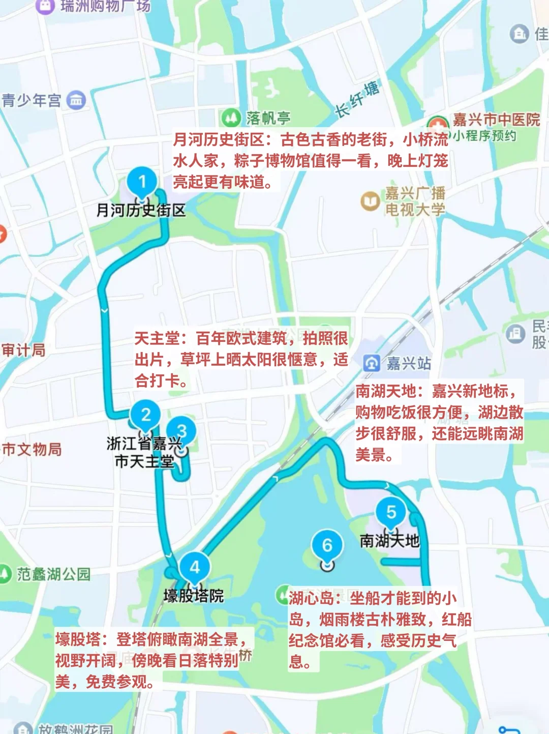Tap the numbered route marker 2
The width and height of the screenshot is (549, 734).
point(145,415)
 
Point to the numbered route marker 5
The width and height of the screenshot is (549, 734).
point(391,512)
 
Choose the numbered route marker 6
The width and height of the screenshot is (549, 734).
point(327,546)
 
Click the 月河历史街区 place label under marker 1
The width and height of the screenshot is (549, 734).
point(141,210)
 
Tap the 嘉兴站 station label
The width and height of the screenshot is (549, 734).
point(409,363)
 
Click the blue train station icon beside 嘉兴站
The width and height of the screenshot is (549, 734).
point(372,363)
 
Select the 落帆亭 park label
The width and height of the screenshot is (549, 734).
point(268,118)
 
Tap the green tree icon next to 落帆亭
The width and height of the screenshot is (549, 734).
point(231,118)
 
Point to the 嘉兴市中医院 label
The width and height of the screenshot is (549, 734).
point(496,120)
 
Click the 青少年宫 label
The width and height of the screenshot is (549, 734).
point(32,100)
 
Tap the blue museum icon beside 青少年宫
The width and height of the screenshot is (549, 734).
point(76,100)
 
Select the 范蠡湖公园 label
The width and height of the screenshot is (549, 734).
point(53,574)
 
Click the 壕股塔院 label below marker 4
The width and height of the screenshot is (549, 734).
point(194,596)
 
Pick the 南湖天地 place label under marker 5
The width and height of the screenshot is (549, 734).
point(389,540)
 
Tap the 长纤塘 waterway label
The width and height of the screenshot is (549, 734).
point(357,99)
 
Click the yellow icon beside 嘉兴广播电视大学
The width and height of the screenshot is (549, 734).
point(370,201)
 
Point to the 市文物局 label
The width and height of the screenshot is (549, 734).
point(32,449)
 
